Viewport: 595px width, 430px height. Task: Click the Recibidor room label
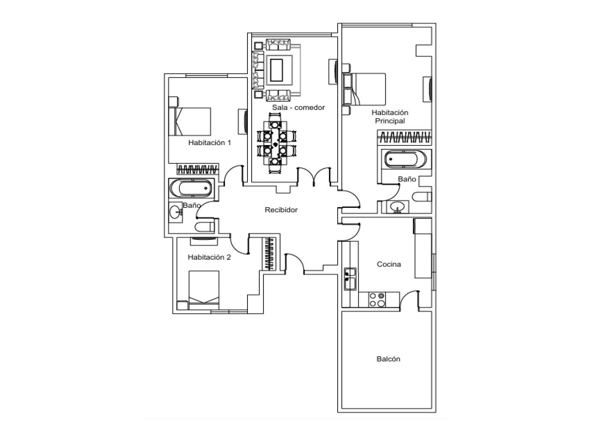281,210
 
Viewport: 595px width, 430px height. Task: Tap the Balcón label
388,359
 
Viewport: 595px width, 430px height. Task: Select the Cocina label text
389,264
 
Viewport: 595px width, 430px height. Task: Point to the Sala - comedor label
298,108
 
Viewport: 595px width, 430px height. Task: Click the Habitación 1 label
210,142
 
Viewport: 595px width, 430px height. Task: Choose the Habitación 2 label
209,257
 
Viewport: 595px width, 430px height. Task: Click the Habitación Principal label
390,116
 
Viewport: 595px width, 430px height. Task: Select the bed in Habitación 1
190,122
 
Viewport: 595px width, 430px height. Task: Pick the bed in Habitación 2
204,290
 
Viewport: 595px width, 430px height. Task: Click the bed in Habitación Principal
364,89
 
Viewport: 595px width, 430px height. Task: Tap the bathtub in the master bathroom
405,159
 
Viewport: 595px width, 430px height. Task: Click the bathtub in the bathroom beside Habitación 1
191,188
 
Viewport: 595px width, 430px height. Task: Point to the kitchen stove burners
377,300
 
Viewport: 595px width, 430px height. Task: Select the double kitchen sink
350,279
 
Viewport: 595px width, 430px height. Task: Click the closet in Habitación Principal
405,137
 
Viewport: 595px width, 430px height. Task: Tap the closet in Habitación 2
270,254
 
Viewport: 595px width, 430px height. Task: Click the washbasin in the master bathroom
397,207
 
